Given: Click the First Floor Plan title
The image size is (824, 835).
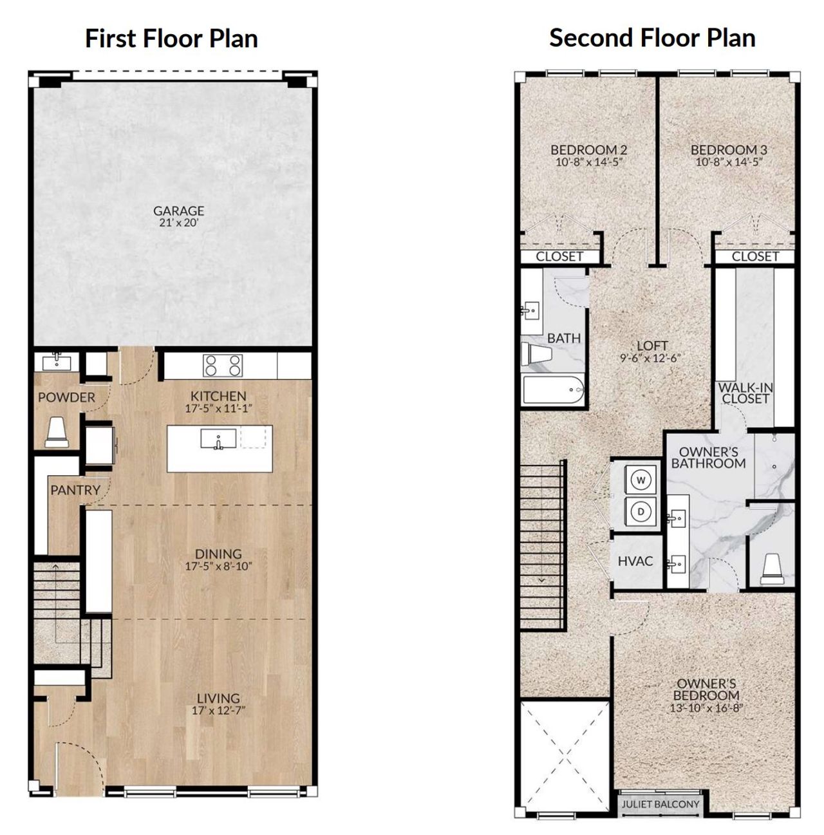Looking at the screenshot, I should (x=171, y=39).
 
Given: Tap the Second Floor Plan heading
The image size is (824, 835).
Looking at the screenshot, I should (x=651, y=38).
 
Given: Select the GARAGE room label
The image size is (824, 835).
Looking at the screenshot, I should (x=178, y=211).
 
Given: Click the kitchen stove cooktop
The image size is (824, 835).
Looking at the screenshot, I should (x=223, y=366).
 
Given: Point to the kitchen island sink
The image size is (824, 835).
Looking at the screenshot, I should (x=218, y=440).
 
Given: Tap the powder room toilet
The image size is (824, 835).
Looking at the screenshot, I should (x=57, y=431).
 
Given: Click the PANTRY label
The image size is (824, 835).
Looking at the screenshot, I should (x=75, y=490).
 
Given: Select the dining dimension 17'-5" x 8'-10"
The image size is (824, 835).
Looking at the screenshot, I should (x=218, y=567).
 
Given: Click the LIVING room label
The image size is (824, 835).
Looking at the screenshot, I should (x=218, y=698).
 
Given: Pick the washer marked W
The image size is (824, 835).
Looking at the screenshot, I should (x=641, y=480).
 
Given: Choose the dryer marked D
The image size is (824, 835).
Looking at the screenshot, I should (x=641, y=511).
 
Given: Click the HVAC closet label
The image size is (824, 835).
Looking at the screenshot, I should (x=635, y=561).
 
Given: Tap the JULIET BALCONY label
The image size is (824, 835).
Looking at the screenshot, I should (x=660, y=804).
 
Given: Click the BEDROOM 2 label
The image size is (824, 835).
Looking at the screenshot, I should (x=588, y=150).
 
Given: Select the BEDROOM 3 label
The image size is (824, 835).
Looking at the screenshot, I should (x=728, y=150).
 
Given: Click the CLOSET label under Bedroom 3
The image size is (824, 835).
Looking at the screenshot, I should (x=755, y=256).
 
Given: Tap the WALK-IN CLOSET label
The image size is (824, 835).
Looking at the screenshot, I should (x=745, y=393).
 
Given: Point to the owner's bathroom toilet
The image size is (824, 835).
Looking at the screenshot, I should (x=771, y=567).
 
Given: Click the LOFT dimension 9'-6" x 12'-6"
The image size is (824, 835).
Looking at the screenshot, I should (x=651, y=359).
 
